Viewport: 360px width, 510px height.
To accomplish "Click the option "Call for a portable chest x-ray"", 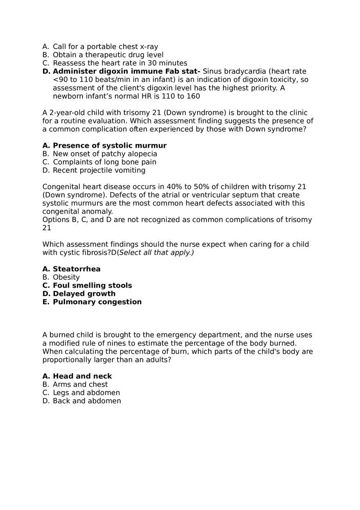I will [105, 47].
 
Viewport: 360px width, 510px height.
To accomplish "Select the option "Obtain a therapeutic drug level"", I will [108, 55].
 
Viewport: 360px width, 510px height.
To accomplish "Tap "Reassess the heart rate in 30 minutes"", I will [120, 63].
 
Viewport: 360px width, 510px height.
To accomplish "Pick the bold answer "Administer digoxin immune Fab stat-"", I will [126, 71].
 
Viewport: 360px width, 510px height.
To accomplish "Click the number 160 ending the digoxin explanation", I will [193, 96].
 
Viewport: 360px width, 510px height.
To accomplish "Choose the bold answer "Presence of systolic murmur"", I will [110, 146].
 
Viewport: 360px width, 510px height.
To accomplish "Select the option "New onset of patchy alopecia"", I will [105, 154].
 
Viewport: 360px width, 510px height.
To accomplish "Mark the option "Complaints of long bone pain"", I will [104, 162].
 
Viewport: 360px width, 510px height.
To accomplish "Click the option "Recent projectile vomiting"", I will [99, 170].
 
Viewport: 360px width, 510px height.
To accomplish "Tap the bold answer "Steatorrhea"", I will [76, 269].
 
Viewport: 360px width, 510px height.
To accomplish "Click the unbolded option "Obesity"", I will [66, 277].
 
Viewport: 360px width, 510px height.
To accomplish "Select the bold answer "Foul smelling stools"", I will [92, 285].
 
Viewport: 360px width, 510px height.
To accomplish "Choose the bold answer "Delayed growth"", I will [84, 294].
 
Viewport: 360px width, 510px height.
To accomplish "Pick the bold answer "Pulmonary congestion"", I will [97, 302].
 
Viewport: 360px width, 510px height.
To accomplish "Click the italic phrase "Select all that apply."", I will [156, 252].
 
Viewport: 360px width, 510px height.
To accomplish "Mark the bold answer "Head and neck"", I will [82, 376].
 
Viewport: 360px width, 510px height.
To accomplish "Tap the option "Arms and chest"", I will [80, 384].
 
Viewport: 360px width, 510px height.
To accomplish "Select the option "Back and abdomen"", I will [87, 401].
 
